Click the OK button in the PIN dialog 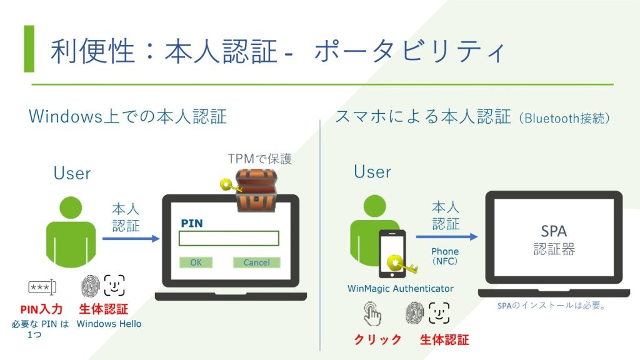coord(196,262)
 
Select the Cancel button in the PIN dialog coord(256,262)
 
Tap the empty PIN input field coord(229,239)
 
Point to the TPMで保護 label coord(259,159)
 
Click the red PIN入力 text coord(41,309)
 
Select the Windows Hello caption coord(109,324)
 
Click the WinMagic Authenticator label coord(401,289)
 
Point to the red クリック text coord(378,340)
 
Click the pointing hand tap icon coord(372,313)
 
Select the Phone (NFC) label coord(444,256)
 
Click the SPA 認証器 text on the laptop coord(554,240)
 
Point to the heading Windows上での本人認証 coord(127,117)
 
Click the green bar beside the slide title coord(29,49)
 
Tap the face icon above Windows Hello coord(115,286)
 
